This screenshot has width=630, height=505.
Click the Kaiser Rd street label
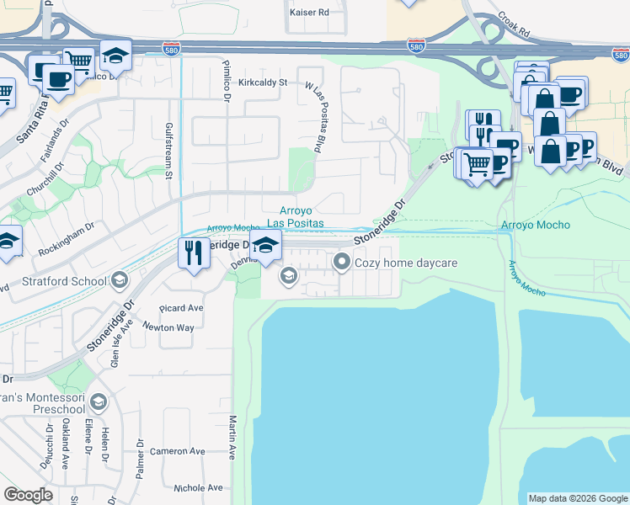coord(309,13)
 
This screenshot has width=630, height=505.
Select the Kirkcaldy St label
coord(263,82)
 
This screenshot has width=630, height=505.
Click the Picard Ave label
coord(180,308)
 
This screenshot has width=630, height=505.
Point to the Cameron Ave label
coord(178,451)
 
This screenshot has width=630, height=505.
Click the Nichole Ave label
coord(198,487)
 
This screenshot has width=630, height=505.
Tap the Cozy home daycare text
coord(406,263)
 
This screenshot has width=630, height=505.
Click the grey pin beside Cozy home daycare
coord(342,263)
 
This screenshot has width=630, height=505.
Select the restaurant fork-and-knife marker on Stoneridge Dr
coord(194,252)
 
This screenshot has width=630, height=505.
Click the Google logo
coord(29,495)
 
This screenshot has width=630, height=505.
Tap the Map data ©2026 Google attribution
coord(578,498)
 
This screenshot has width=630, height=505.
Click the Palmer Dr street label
coord(141,455)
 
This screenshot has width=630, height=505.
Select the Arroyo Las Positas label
coord(295,216)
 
